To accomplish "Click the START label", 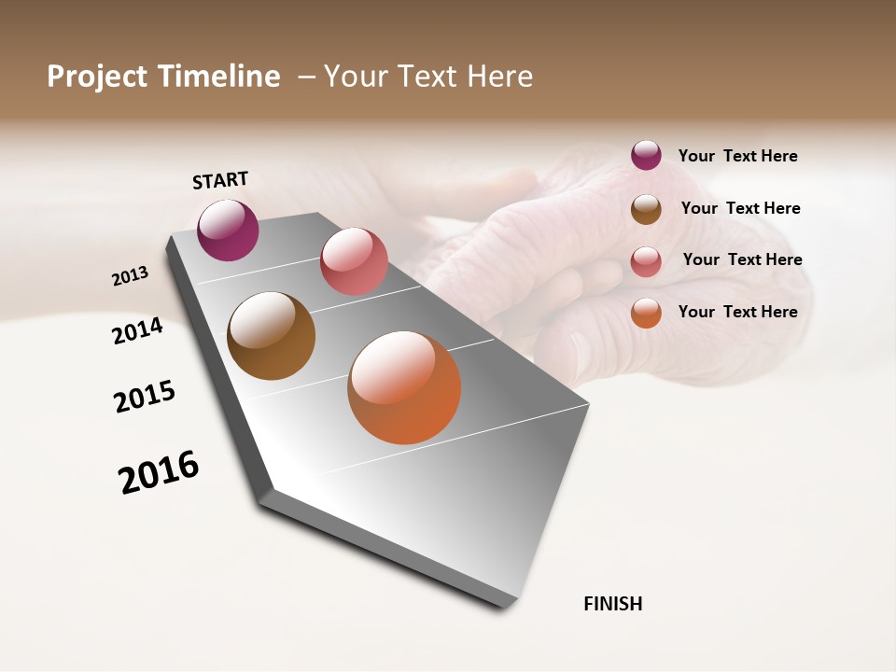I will pos(220,180).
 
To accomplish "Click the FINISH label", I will pos(613,604).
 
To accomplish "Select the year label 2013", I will pos(131,276).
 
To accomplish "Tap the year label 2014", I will pos(138,330).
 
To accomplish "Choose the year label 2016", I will pos(159,472).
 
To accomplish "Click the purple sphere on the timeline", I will pos(229,231).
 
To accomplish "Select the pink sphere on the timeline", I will pos(354,261).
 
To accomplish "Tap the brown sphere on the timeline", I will pos(272,336).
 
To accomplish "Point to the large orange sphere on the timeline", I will pos(404,387).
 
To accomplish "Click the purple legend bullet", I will pos(646,155).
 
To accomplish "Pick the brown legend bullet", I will pos(646,209).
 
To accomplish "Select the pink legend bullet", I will pos(646,261).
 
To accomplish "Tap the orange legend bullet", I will pos(646,313).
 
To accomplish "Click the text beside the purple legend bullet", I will pos(737,156).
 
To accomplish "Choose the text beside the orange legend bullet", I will pos(737,312).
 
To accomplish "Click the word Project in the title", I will pos(96,77).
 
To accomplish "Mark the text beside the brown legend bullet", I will pos(740,208).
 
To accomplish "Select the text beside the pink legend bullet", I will pos(742,259).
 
